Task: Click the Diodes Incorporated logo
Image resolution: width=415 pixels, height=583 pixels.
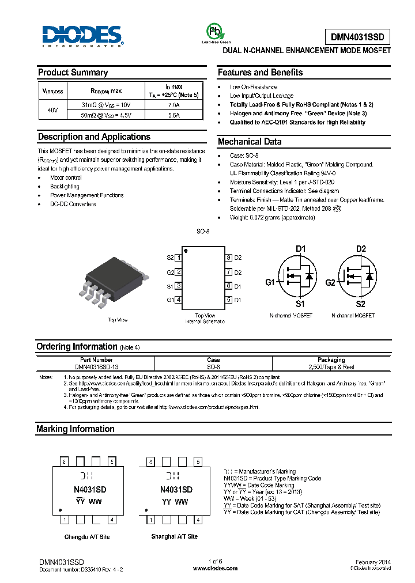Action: pos(81,36)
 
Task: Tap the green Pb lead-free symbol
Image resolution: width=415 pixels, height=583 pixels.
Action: pos(214,32)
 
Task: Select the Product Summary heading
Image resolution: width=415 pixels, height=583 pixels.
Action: pos(73,73)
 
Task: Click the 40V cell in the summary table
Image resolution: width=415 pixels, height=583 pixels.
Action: pos(52,109)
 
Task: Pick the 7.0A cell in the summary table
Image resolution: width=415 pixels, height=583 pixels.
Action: pos(173,105)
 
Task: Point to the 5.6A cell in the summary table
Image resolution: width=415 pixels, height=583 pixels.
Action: pos(173,115)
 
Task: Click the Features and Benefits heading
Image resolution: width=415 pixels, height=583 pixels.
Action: pos(260,73)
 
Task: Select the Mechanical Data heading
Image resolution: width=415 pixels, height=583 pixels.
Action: pos(250,142)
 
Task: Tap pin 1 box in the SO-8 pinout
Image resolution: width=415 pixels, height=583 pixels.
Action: pos(179,258)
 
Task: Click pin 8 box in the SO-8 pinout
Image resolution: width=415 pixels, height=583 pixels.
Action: pos(228,258)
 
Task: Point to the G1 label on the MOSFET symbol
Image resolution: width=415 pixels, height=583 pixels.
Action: pos(270,283)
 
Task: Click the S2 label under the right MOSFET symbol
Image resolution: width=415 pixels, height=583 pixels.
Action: pos(360,304)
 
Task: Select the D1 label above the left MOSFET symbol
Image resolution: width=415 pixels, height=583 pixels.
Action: pos(300,249)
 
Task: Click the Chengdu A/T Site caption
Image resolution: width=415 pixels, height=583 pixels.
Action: pos(86,536)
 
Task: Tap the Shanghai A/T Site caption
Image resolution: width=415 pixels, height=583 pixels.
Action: pos(174,536)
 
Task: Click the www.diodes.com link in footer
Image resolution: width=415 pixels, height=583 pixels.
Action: pos(215,568)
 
